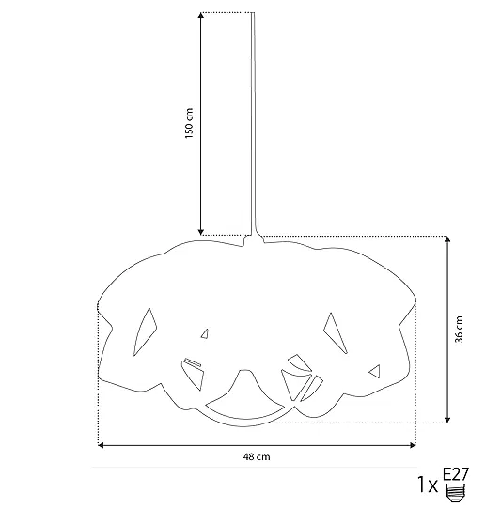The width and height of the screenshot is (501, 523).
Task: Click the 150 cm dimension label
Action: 189,123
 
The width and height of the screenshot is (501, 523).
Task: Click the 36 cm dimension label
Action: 459,330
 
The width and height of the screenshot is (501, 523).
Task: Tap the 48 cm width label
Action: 257,456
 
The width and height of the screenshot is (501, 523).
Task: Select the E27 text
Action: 456,474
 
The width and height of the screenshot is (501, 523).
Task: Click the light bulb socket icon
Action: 456,493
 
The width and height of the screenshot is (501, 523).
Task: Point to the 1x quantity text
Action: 428,485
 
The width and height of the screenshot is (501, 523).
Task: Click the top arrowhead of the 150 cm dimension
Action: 201,15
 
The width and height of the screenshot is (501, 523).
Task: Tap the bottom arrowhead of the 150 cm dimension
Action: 201,232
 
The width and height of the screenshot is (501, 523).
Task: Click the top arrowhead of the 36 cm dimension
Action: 447,239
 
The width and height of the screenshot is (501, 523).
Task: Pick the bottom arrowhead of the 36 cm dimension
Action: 447,420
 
